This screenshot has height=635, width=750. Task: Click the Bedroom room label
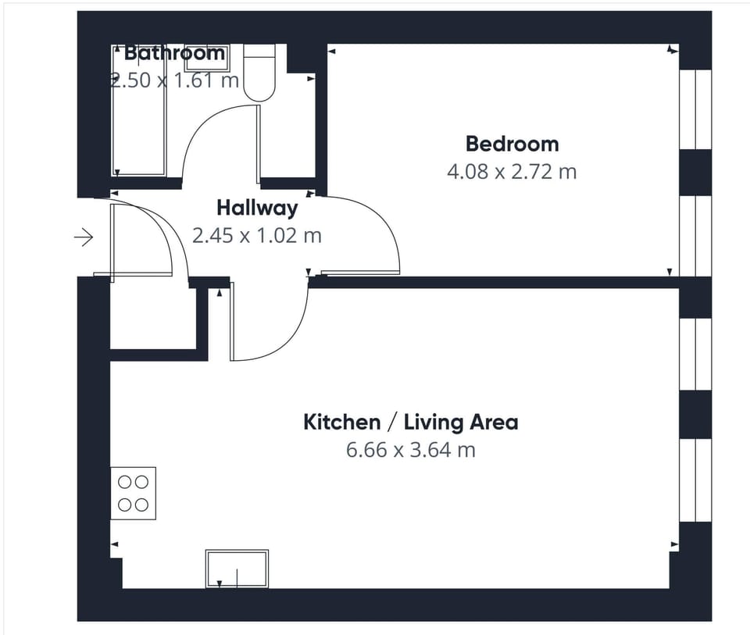tap(512, 144)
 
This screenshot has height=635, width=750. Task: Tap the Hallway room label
tap(257, 208)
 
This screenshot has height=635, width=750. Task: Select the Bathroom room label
tap(174, 53)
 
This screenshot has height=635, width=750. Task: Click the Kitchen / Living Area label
tap(410, 423)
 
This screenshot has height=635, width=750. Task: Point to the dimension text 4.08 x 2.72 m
tap(512, 171)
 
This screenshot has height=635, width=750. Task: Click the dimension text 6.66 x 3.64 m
tap(410, 450)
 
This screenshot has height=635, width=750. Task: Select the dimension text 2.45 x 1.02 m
tap(257, 235)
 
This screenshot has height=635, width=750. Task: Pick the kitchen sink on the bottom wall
tap(237, 569)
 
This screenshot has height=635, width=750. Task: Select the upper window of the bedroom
tap(695, 109)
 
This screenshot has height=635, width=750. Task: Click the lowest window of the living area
tap(695, 480)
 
